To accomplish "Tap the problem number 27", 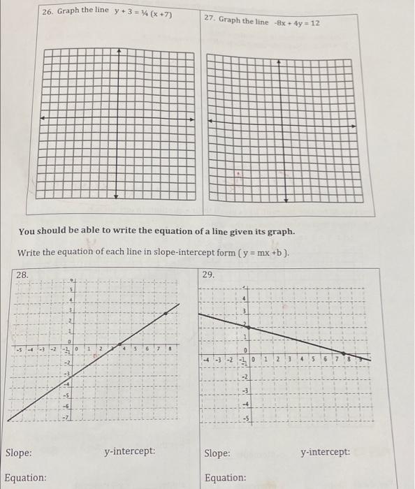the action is [x=210, y=19].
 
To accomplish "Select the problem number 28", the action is [x=22, y=275].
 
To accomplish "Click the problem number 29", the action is [x=208, y=275].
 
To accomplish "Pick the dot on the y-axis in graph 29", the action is [x=246, y=327].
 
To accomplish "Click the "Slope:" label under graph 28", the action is [x=19, y=453].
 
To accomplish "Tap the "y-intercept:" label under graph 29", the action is [x=326, y=453].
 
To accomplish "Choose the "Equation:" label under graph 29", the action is [x=225, y=478].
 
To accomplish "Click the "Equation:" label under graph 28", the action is [x=26, y=478].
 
